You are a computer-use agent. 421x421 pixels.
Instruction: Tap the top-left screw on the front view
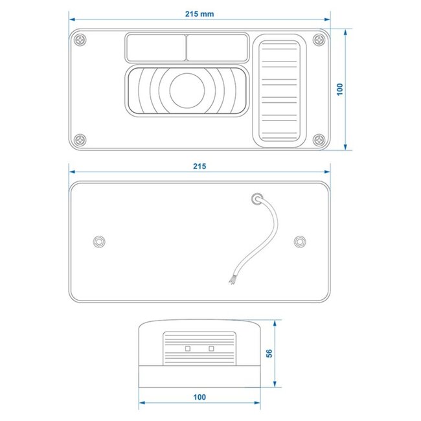[x=80, y=40]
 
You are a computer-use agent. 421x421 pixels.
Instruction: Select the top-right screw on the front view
[x=318, y=40]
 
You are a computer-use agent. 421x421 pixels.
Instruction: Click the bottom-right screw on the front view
[x=318, y=139]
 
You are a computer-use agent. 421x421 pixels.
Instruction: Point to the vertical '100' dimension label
[x=339, y=88]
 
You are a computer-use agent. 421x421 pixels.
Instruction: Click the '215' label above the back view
[x=199, y=166]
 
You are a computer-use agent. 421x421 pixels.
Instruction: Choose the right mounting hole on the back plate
[x=299, y=242]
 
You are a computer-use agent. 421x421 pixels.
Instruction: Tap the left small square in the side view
[x=188, y=348]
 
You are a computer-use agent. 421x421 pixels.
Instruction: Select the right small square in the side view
[x=211, y=348]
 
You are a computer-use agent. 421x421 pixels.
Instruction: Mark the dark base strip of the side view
[x=199, y=374]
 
